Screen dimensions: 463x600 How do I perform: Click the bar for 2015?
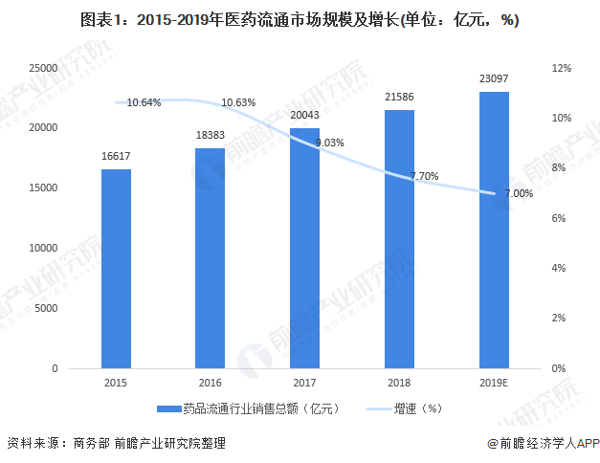(116, 269)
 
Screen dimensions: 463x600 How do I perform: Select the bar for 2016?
(210, 258)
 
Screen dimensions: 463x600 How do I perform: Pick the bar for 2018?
(399, 239)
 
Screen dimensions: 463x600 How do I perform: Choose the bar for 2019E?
(494, 230)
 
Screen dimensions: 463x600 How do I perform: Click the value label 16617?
(116, 156)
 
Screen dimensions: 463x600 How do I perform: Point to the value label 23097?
(494, 79)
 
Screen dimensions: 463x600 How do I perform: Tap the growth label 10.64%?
(144, 102)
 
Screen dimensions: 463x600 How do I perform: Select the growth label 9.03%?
(327, 143)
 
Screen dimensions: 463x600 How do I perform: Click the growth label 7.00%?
(518, 193)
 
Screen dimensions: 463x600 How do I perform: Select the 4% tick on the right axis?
(561, 268)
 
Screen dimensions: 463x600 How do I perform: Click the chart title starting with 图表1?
(300, 21)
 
